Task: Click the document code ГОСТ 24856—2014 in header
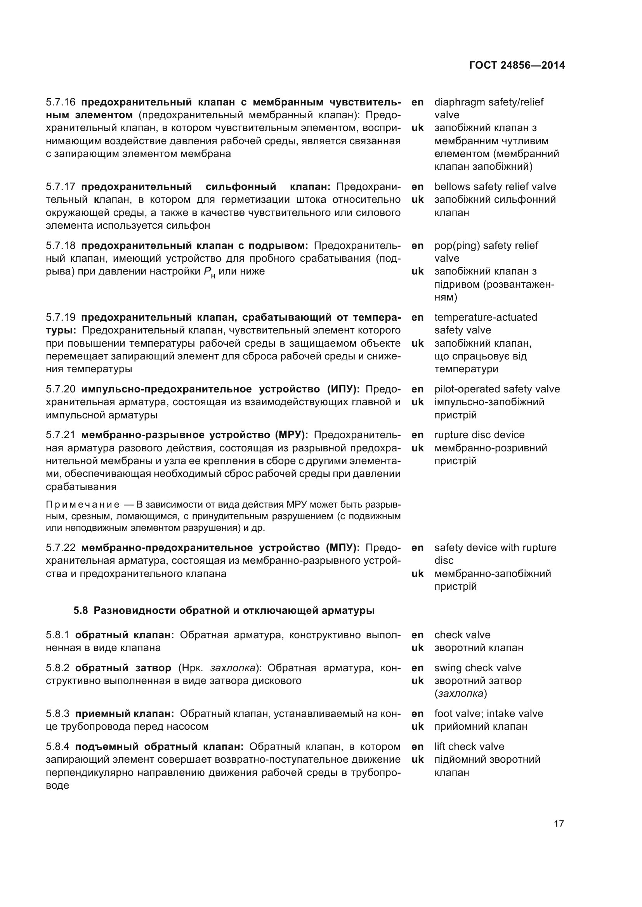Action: pos(517,65)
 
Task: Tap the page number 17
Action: pos(559,824)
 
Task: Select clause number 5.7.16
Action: pos(61,102)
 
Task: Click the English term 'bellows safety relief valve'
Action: pos(495,187)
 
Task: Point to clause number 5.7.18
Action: pos(61,246)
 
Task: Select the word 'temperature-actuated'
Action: pos(486,317)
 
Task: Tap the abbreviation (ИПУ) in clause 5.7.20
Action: pos(343,389)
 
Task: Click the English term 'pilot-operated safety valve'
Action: pos(497,389)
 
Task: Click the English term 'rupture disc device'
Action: pos(479,435)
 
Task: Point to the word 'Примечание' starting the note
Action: pos(83,504)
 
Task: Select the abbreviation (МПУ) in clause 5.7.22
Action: pos(343,548)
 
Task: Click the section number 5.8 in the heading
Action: pos(81,611)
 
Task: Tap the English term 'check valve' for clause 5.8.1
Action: pos(462,635)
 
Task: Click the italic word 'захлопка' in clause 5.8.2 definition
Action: pos(233,668)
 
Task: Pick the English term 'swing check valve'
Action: pos(477,668)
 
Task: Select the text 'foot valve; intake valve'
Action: pos(489,714)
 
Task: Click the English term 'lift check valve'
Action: pos(469,746)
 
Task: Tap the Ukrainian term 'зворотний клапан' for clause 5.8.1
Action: pos(479,648)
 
